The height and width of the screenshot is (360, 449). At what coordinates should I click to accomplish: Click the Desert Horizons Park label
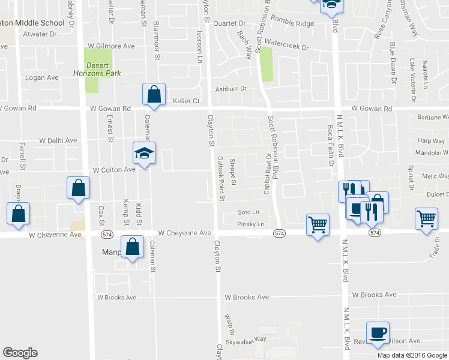[x=103, y=69]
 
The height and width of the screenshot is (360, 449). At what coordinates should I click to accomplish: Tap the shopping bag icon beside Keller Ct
[x=154, y=95]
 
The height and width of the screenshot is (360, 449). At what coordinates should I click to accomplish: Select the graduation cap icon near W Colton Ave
[x=144, y=154]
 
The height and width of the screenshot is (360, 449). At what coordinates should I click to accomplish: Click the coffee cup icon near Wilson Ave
[x=378, y=333]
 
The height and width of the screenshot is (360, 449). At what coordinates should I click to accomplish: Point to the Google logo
[x=20, y=353]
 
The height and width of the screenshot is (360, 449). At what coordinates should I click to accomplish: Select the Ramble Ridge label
[x=292, y=23]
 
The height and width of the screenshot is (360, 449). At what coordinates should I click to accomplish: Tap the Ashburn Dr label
[x=231, y=89]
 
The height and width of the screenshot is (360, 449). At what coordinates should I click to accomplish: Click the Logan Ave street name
[x=42, y=77]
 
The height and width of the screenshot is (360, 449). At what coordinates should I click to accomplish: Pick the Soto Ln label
[x=248, y=212]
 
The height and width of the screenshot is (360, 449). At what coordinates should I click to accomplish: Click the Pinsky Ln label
[x=250, y=224]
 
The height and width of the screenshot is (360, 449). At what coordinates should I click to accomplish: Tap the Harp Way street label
[x=432, y=141]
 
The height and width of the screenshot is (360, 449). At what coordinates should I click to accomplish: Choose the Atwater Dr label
[x=40, y=34]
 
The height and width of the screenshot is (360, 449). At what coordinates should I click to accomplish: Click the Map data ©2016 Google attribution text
[x=412, y=355]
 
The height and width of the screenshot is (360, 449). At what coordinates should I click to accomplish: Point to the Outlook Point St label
[x=221, y=178]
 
